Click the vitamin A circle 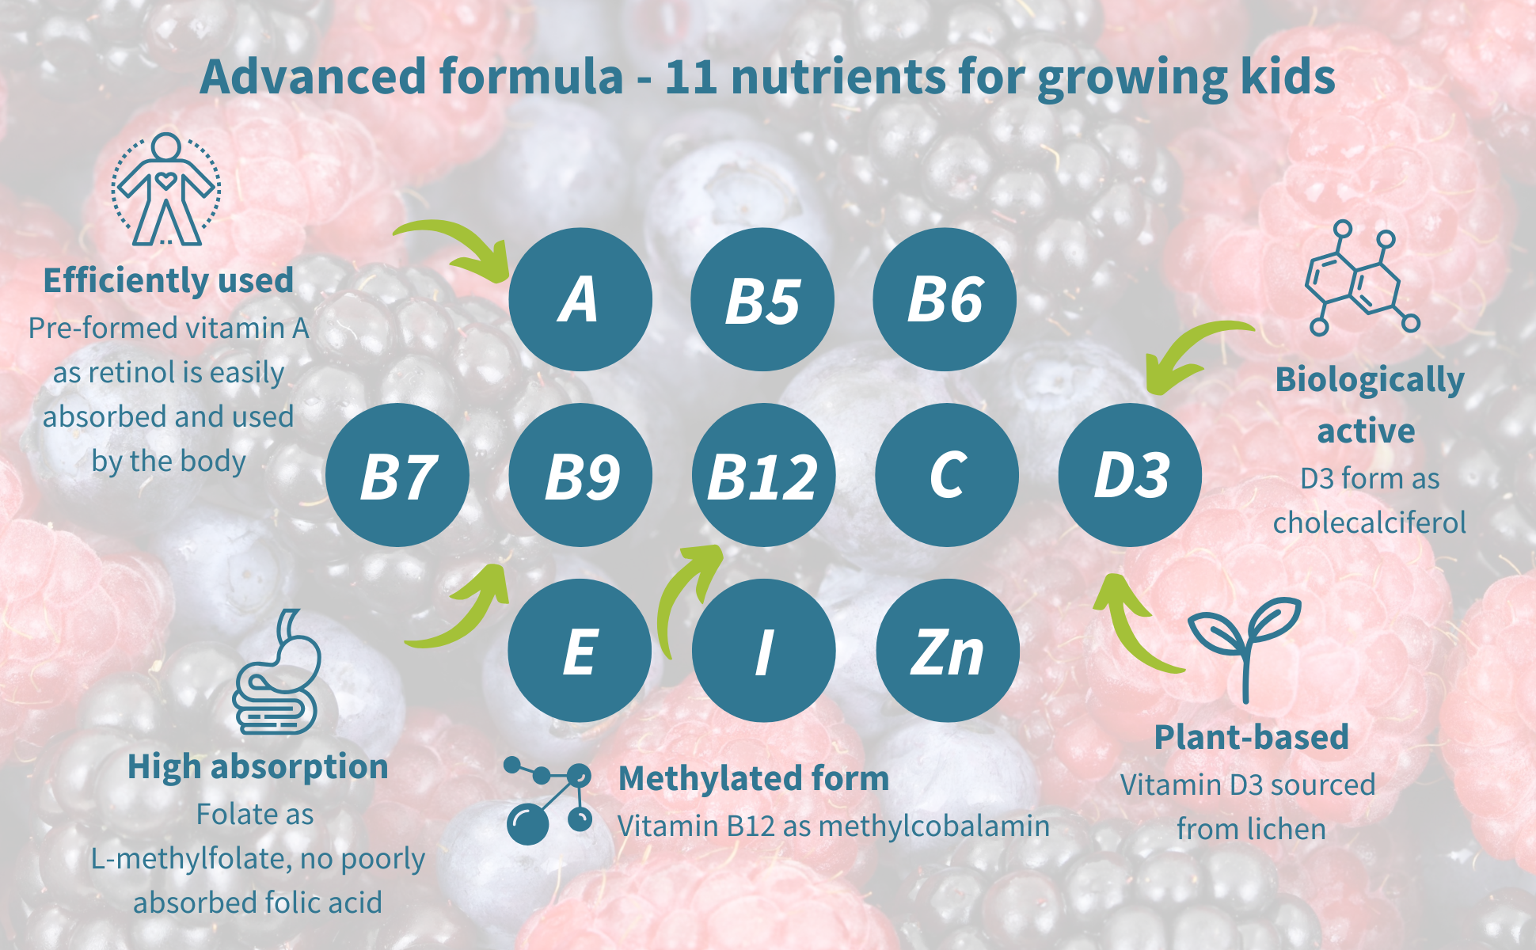(580, 299)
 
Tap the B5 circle (762, 299)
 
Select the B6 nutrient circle (945, 299)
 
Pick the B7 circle (397, 475)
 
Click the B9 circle (580, 475)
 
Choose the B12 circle (763, 475)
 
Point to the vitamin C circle (947, 475)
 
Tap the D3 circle (1130, 475)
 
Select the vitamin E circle (580, 651)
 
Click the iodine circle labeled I (763, 651)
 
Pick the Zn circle (948, 651)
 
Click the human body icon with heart (165, 190)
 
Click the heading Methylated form (754, 778)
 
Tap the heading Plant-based (1251, 737)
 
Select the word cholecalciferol (1370, 522)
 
